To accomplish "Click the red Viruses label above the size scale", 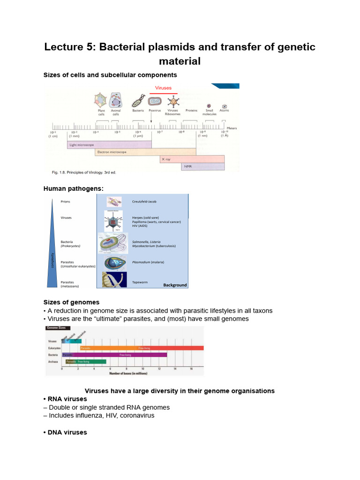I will pos(164,88).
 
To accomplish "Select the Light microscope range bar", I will pos(109,145).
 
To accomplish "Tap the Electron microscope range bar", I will pos(145,152).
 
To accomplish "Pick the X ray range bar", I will pos(192,159).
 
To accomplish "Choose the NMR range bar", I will pos(202,166).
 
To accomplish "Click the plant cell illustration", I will pos(100,100).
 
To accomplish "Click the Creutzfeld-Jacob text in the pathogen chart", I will pos(144,202).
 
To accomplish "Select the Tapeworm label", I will pos(140,283).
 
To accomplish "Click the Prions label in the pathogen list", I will pos(66,202).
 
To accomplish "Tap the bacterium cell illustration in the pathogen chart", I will pos(113,243).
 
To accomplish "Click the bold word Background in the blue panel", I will pos(175,285).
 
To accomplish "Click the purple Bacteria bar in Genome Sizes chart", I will pos(114,355).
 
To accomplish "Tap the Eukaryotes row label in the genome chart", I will pos(54,348).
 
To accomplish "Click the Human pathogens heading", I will pos(73,188).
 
